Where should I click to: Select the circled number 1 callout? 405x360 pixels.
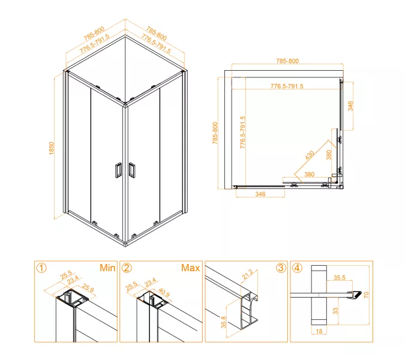[x=41, y=268]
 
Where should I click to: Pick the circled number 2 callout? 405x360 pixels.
[x=127, y=268]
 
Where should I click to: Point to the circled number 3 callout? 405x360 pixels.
[x=280, y=268]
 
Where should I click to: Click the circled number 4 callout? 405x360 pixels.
[x=297, y=268]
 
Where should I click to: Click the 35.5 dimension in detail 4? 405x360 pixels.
[x=340, y=278]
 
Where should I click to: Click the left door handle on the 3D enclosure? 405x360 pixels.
[x=117, y=170]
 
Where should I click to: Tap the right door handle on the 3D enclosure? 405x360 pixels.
[x=133, y=170]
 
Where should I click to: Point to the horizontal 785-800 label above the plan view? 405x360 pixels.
[x=287, y=61]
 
